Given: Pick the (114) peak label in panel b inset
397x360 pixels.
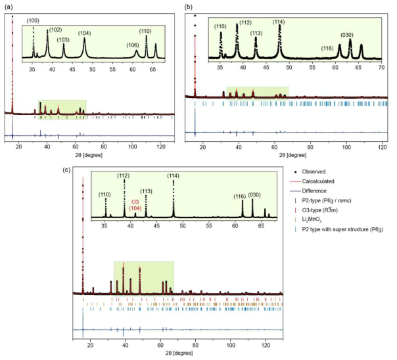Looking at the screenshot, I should coord(279,22).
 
